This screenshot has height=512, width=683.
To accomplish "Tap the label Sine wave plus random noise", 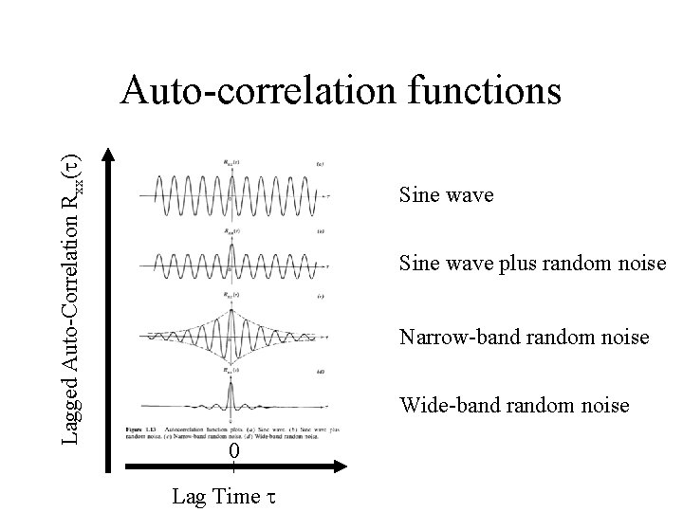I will pyautogui.click(x=533, y=263).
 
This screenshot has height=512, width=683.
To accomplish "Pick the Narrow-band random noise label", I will pyautogui.click(x=524, y=337).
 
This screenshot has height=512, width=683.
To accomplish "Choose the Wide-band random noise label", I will pyautogui.click(x=514, y=406).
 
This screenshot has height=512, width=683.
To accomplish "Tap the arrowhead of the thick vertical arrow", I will pyautogui.click(x=112, y=154).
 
